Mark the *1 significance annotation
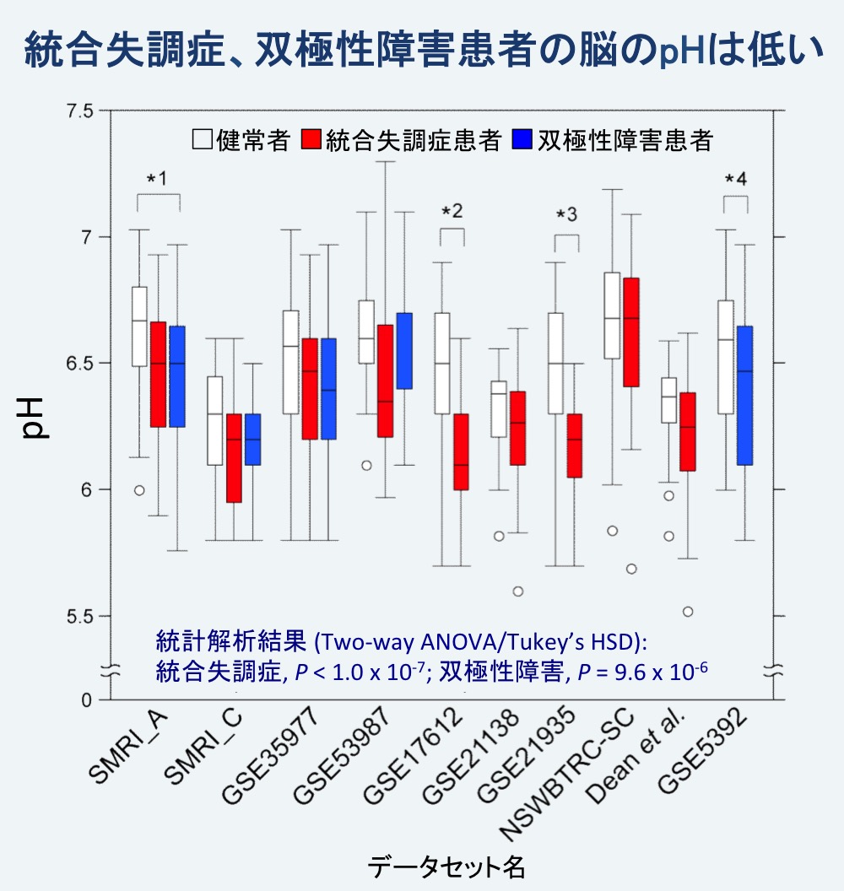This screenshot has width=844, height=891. tap(158, 180)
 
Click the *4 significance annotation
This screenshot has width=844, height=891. tap(736, 180)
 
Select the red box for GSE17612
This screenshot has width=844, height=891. tap(460, 451)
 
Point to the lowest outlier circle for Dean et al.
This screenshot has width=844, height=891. tap(688, 612)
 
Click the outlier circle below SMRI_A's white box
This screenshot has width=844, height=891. tap(138, 490)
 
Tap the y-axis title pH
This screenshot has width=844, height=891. tap(35, 418)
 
